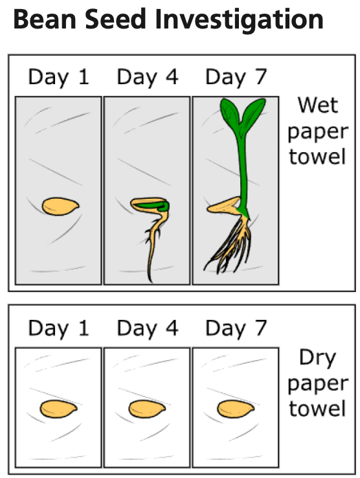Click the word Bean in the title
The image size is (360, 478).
coord(45,19)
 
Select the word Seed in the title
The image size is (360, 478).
coord(115,19)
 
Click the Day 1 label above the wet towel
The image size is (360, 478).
coord(58,78)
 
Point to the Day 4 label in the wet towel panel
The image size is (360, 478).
coord(148,78)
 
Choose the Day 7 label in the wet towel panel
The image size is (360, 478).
coord(236,78)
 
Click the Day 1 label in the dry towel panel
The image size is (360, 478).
coord(58,328)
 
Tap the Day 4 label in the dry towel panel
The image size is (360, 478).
coord(148,328)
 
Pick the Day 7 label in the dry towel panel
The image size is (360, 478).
coord(236,328)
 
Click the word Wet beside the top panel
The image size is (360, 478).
coord(318,105)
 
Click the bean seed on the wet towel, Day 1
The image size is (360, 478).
coord(60,207)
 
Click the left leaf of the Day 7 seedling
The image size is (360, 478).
coord(230,113)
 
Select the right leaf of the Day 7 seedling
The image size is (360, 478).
coord(254,113)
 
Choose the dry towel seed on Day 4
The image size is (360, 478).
coord(147,409)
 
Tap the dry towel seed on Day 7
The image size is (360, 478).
coord(236,409)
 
